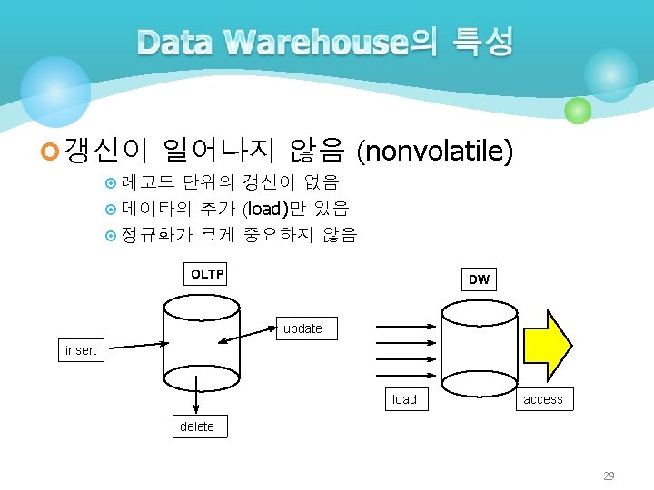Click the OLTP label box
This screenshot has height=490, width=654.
[x=206, y=274]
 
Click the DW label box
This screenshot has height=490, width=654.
[x=479, y=279]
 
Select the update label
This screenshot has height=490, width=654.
[x=302, y=328]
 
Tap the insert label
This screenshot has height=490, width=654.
[x=81, y=350]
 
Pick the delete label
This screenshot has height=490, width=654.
[x=197, y=426]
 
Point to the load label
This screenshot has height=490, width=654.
[x=404, y=399]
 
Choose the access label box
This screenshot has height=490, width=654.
[x=543, y=399]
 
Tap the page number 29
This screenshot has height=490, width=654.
[x=609, y=476]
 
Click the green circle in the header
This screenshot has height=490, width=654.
[x=578, y=112]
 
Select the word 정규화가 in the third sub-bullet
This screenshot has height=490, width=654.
[x=156, y=235]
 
